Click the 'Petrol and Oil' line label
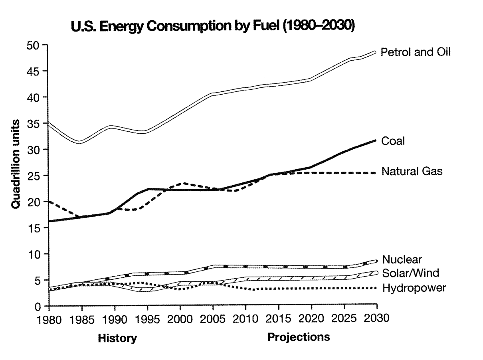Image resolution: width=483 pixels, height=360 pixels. point(416,52)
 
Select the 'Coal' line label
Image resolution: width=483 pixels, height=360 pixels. point(393,141)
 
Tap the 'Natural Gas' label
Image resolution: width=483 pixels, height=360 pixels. point(412,172)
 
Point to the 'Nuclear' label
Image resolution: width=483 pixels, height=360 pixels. point(402,260)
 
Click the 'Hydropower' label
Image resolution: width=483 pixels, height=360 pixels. point(413,288)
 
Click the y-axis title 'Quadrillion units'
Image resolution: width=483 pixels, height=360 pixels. point(16,163)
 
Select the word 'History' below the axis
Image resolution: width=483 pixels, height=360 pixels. point(117,339)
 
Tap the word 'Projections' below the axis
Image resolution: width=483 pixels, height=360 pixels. point(299,337)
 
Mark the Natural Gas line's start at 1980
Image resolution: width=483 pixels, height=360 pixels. point(49,202)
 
